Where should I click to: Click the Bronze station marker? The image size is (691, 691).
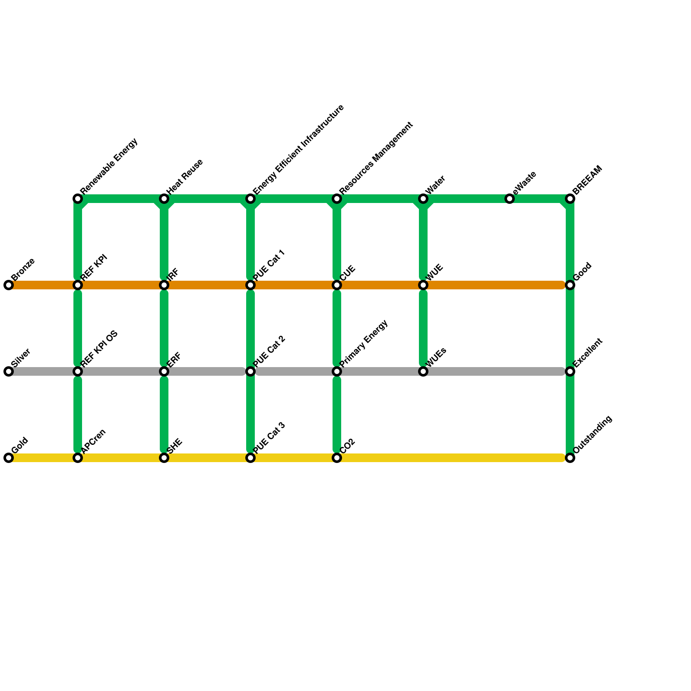9,285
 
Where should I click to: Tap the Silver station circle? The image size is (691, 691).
9,371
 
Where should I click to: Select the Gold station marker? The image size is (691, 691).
9,458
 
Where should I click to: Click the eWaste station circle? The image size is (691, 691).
510,199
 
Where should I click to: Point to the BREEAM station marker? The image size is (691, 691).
570,199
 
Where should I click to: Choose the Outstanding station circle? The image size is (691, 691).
570,458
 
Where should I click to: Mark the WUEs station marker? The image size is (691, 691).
423,371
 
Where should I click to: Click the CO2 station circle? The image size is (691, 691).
337,458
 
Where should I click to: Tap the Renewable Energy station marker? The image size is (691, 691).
78,199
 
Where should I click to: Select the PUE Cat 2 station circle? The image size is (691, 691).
250,371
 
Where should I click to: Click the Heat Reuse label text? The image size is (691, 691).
185,176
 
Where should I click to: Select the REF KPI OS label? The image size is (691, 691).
100,349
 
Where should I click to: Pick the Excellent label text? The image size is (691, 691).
588,353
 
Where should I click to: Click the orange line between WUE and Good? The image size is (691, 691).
497,285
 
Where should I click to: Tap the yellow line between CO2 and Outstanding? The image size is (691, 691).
453,458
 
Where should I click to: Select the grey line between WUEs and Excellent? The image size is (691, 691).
497,371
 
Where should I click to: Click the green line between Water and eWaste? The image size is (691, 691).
466,199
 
